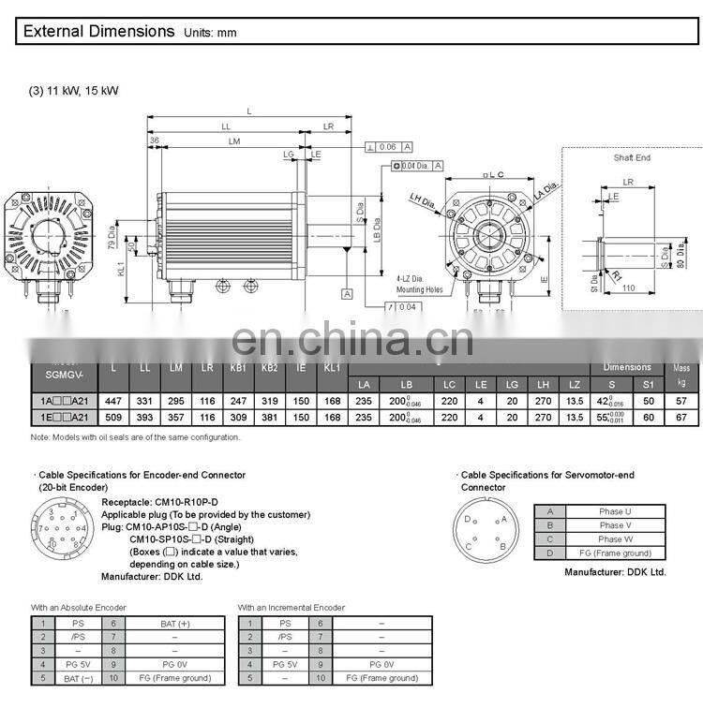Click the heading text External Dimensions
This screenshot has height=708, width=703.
coord(98,31)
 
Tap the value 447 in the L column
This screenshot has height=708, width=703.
coord(113,399)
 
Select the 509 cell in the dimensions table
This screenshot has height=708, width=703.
coord(113,417)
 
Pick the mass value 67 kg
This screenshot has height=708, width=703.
coord(681,417)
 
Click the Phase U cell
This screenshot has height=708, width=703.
coord(615,511)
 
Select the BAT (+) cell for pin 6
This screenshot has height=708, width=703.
coord(174,623)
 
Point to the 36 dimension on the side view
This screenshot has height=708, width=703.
coord(154,140)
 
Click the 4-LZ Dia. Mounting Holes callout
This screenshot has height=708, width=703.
coord(419,284)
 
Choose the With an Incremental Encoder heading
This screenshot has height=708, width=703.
coord(291,608)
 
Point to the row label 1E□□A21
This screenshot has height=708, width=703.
coord(64,417)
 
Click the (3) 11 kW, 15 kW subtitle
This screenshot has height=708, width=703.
coord(74,91)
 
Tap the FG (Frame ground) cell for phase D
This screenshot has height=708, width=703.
coord(615,553)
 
